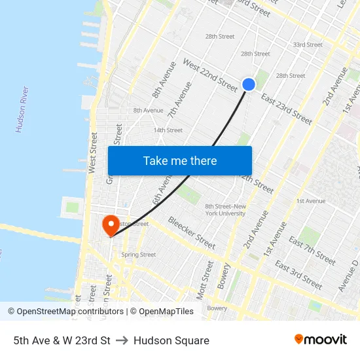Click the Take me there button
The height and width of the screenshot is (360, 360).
(x=180, y=161)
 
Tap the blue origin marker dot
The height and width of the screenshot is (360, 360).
(x=249, y=84)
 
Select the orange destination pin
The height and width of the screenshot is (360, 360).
(x=110, y=225)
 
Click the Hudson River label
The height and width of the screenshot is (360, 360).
(x=22, y=109)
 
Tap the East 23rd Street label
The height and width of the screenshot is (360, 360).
(x=287, y=107)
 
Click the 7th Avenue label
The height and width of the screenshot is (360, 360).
(x=180, y=100)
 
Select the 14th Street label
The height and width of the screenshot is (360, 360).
(x=168, y=130)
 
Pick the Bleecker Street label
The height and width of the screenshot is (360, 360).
(x=192, y=233)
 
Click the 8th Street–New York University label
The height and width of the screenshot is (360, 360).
(x=226, y=210)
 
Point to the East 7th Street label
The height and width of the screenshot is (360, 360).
(x=312, y=251)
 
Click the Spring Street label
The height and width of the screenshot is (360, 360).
(x=138, y=255)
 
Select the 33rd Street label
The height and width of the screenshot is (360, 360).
(x=308, y=45)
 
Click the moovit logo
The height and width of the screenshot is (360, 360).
(x=321, y=340)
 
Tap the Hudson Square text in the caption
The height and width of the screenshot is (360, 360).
(x=171, y=340)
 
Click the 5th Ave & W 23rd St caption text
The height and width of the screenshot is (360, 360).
(x=62, y=340)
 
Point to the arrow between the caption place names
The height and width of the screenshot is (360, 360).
(x=122, y=340)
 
